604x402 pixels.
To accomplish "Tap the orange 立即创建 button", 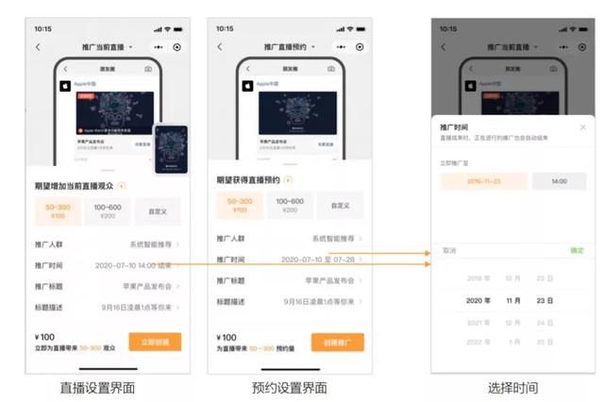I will coord(155,342).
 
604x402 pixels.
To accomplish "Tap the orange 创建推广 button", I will coord(337,342).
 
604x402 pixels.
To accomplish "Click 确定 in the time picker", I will coord(577,250).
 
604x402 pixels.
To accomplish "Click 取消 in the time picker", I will coord(449,250).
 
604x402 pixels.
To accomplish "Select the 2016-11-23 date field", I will coord(483,181).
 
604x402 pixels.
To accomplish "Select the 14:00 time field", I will coord(559,181).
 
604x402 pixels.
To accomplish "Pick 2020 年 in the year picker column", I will coord(478,300).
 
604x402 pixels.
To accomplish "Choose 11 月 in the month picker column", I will coord(512,300).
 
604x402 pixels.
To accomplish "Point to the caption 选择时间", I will coord(512,388).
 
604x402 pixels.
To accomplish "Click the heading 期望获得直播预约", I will coord(247,178).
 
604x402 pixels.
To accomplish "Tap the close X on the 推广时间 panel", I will coord(581,126).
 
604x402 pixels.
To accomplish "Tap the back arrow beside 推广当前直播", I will coord(38,46).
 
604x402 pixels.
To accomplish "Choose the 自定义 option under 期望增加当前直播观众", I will coord(156,211).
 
